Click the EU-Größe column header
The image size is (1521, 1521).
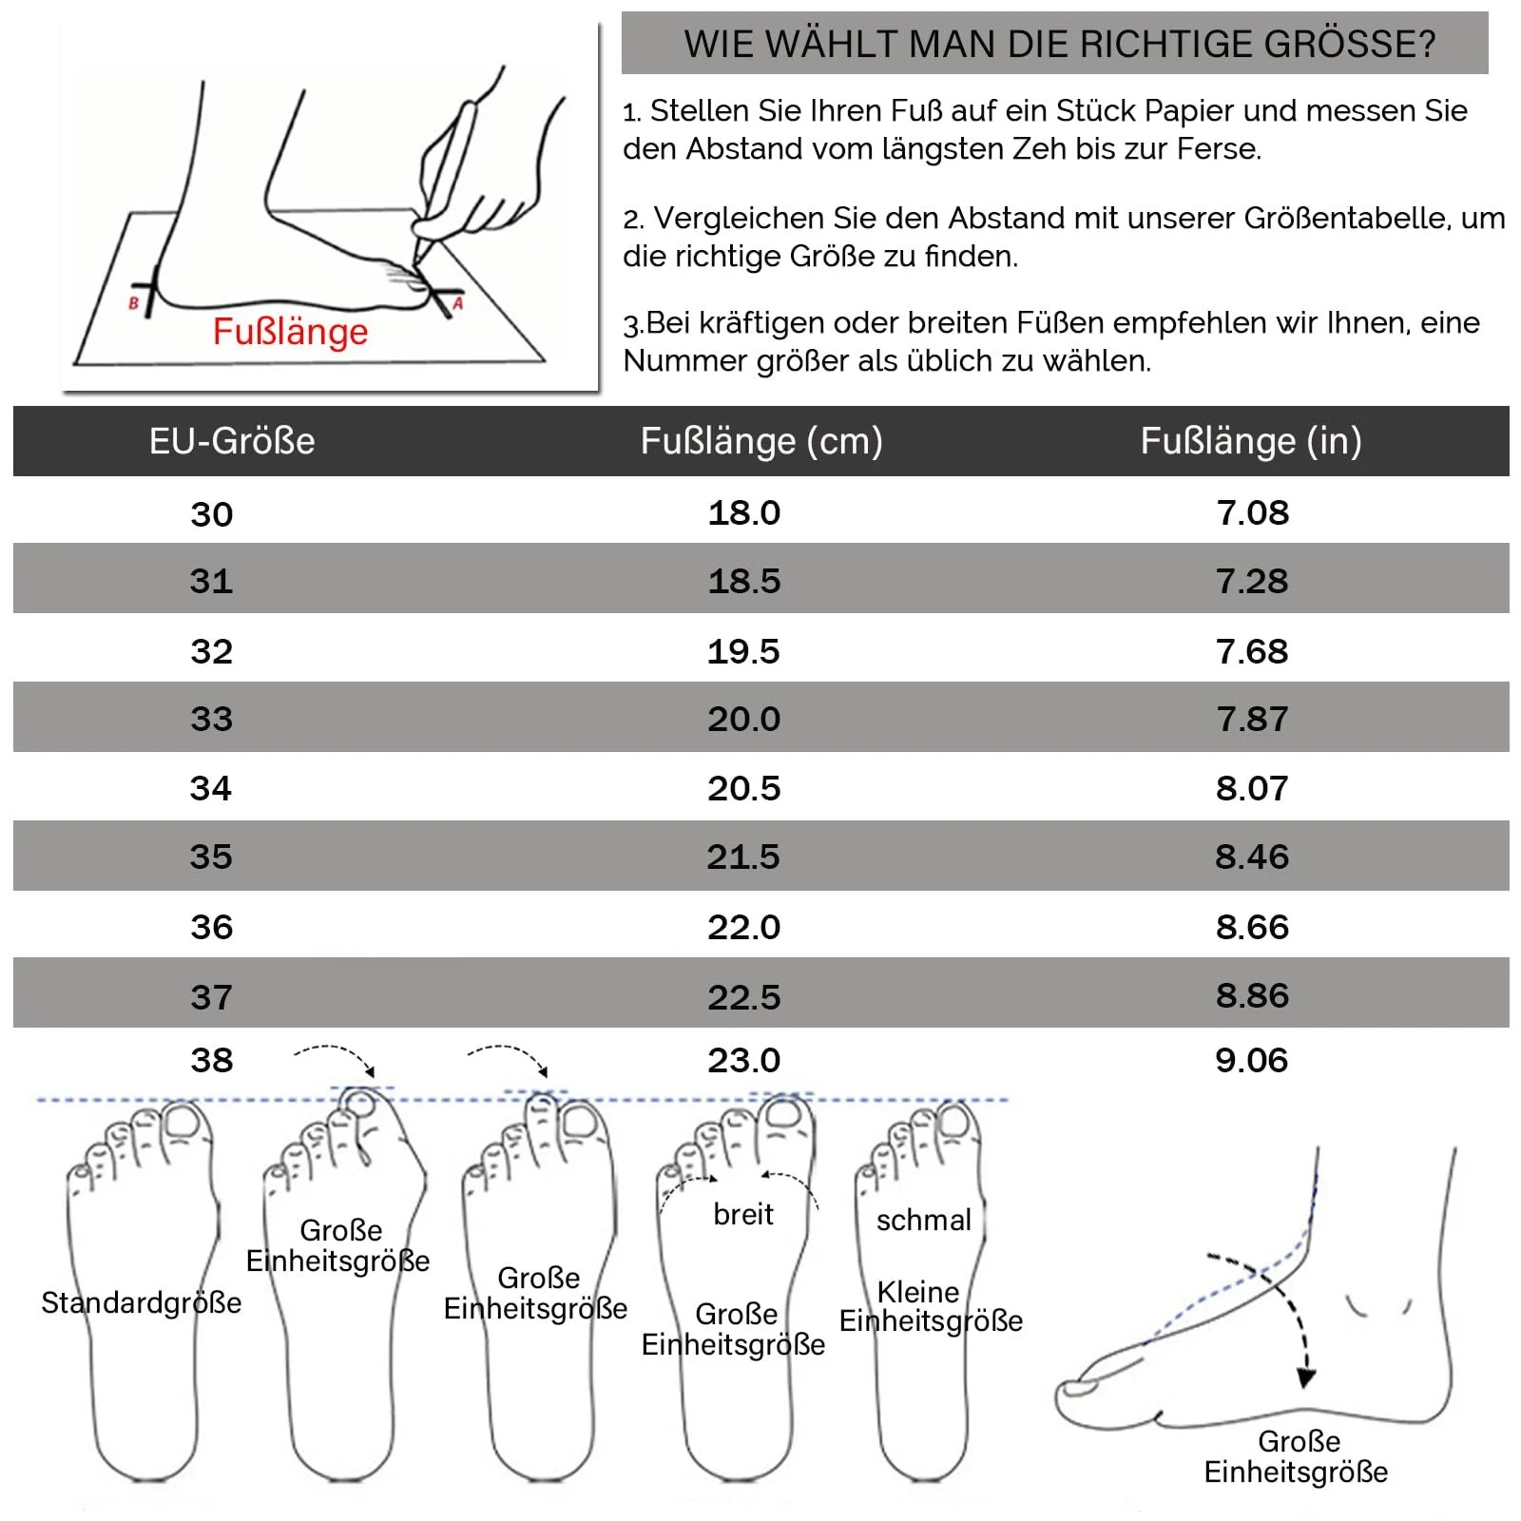tap(232, 442)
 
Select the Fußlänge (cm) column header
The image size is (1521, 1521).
tap(761, 442)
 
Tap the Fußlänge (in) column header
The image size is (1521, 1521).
tap(1251, 442)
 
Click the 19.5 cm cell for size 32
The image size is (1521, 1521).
tap(743, 651)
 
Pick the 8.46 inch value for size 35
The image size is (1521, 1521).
tap(1252, 857)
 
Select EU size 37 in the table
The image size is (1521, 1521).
tap(211, 997)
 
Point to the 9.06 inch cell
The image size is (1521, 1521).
tap(1252, 1060)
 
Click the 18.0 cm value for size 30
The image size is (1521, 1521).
tap(744, 513)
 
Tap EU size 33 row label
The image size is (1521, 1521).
tap(211, 719)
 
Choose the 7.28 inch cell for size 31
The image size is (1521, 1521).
tap(1252, 581)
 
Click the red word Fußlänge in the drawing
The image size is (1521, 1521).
tap(290, 332)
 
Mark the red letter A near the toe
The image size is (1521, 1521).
tap(457, 304)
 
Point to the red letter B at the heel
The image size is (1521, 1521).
tap(133, 304)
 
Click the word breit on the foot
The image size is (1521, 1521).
tap(743, 1214)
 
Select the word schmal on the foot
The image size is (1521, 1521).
tap(923, 1220)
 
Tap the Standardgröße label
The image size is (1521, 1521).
tap(141, 1302)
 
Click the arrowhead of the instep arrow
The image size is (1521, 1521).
tap(1306, 1377)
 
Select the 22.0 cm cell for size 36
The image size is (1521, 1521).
tap(743, 927)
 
